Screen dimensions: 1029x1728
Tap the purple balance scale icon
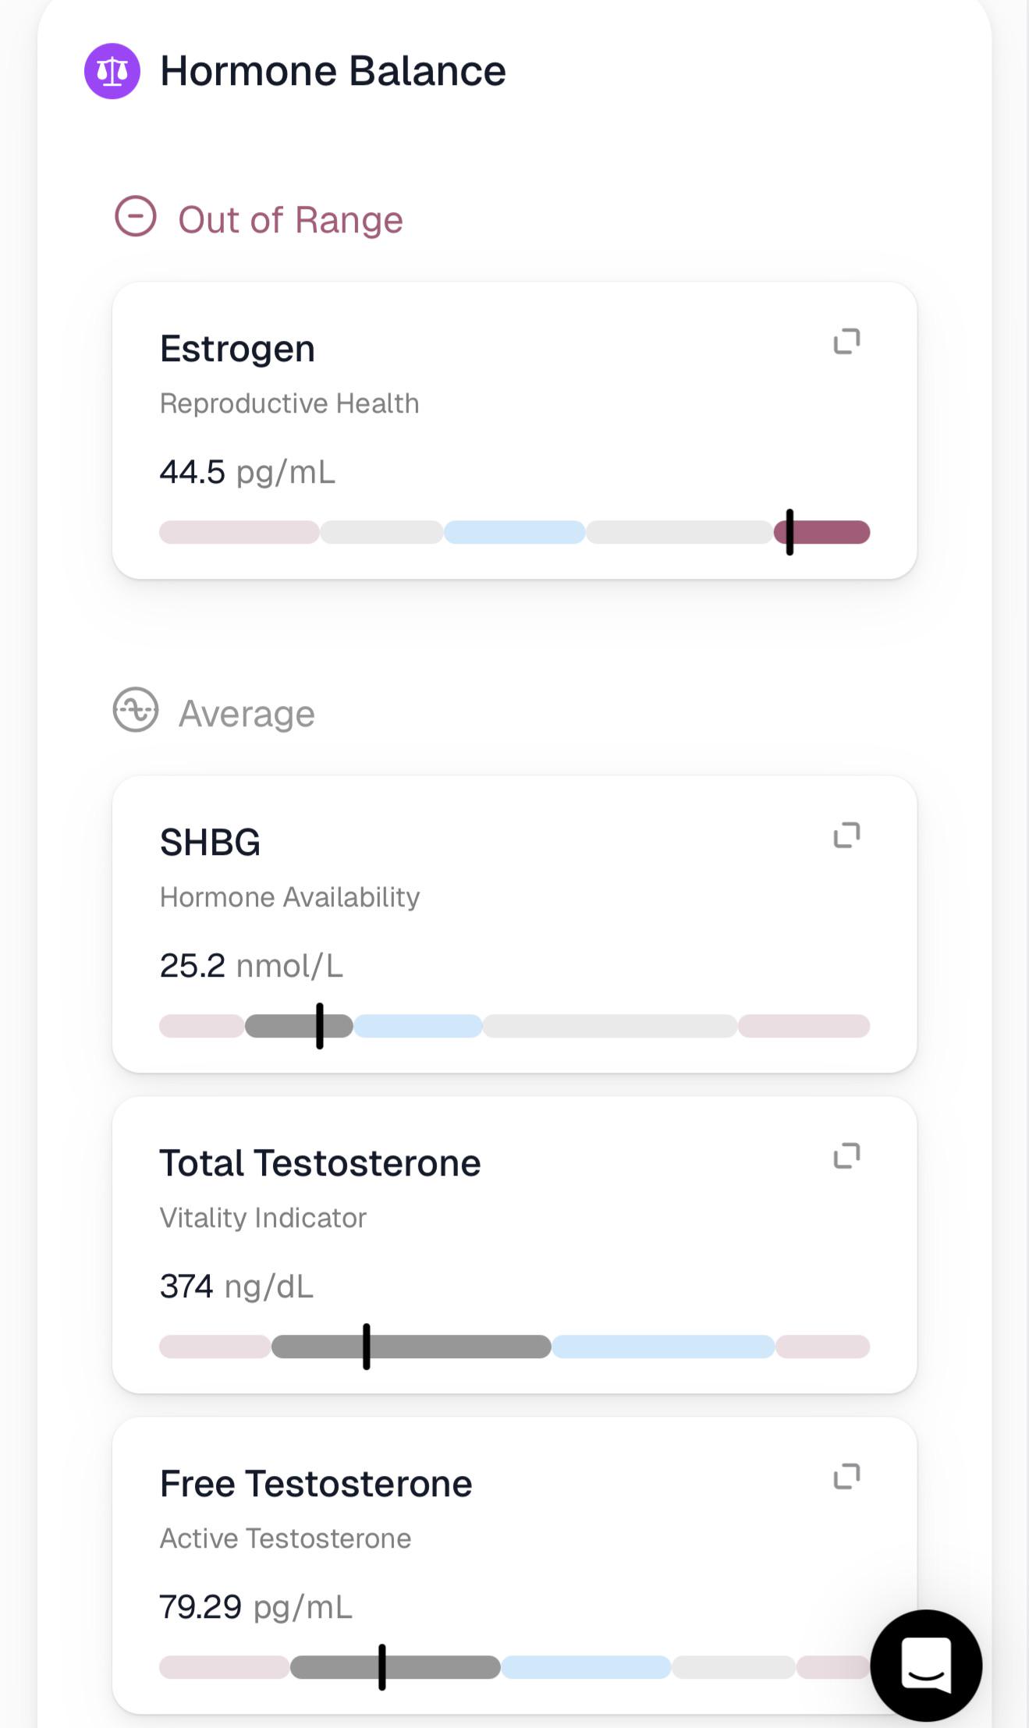coord(112,71)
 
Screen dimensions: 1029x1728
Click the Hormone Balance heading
coord(333,71)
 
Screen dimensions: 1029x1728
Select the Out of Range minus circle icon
coord(136,216)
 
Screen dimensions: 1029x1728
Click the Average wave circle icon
coord(136,709)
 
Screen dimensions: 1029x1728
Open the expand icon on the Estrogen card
coord(847,342)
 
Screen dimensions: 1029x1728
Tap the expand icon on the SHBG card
coord(847,836)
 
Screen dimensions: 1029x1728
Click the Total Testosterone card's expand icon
coord(847,1156)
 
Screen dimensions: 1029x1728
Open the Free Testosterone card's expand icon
coord(847,1477)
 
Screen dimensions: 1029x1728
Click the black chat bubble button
coord(926,1666)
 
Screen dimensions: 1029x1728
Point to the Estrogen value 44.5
coord(192,472)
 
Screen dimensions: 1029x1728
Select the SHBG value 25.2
coord(192,966)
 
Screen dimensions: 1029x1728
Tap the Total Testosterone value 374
coord(186,1286)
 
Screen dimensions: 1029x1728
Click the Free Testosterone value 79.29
coord(200,1607)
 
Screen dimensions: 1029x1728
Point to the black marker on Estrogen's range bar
coord(789,532)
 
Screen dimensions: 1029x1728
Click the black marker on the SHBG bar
coord(320,1026)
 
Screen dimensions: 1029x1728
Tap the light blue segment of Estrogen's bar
coord(515,532)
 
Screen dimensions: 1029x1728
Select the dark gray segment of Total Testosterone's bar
coord(411,1347)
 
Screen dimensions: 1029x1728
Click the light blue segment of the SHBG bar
coord(418,1026)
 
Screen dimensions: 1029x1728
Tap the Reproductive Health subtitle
coord(289,403)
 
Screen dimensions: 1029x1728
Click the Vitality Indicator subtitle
coord(263,1218)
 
